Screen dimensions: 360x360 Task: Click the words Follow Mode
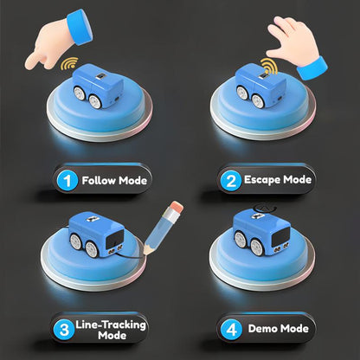[x=114, y=182]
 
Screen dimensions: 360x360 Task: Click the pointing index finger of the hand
[x=35, y=61]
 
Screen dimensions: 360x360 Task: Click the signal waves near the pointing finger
[x=67, y=64]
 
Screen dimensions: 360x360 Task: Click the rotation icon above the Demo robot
[x=260, y=209]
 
